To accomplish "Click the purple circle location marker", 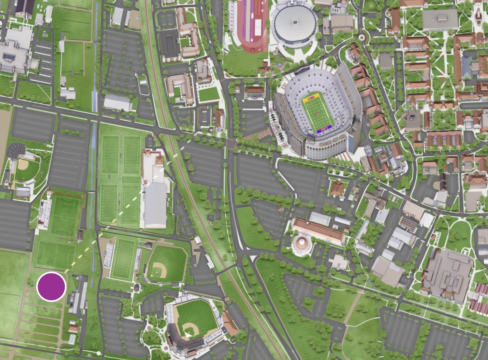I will [52, 287].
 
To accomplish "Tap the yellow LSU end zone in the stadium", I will [311, 98].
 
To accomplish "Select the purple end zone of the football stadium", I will [324, 129].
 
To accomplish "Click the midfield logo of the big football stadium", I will [318, 114].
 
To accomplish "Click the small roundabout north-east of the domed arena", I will [361, 37].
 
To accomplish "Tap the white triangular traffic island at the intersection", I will [253, 258].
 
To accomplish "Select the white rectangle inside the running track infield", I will [258, 27].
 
